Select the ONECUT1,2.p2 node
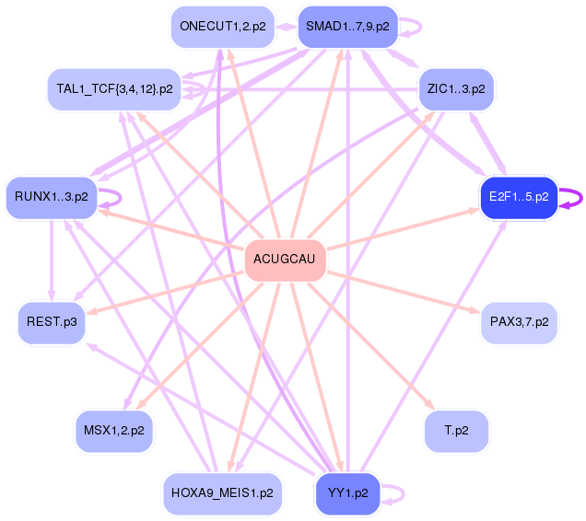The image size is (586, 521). pyautogui.click(x=222, y=27)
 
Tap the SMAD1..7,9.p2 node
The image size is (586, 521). pyautogui.click(x=346, y=27)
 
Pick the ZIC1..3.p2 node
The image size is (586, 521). pyautogui.click(x=456, y=89)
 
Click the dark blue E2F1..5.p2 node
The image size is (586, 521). pyautogui.click(x=519, y=197)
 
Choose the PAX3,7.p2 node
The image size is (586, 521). pyautogui.click(x=520, y=322)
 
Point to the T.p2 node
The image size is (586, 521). pyautogui.click(x=456, y=431)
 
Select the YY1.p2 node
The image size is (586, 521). pyautogui.click(x=347, y=493)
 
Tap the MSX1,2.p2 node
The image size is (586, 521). pyautogui.click(x=113, y=431)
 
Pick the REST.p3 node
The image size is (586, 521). pyautogui.click(x=52, y=322)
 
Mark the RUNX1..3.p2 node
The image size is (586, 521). pyautogui.click(x=52, y=197)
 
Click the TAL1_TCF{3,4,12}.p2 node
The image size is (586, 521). pyautogui.click(x=113, y=89)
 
